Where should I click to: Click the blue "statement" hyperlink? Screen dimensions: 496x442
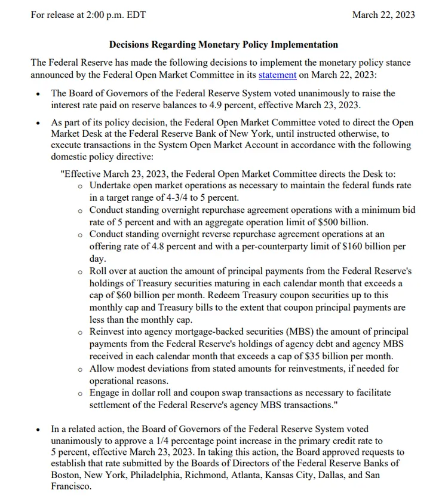point(277,75)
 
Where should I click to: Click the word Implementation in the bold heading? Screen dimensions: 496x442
point(305,45)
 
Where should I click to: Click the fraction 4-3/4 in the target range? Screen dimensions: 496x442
point(166,198)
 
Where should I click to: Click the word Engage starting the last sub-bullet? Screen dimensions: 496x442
point(105,393)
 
